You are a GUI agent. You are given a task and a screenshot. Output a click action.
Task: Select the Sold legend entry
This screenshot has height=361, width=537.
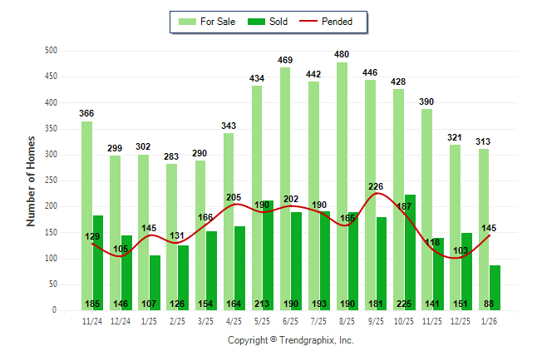269,22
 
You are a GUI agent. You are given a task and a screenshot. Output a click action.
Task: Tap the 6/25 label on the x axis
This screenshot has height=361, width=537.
290,321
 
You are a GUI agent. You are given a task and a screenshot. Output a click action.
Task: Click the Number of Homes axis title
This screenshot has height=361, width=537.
31,180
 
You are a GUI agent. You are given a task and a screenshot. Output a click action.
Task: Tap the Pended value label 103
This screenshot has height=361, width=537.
461,250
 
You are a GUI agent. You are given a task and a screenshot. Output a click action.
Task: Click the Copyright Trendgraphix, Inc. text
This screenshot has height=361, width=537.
290,340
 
